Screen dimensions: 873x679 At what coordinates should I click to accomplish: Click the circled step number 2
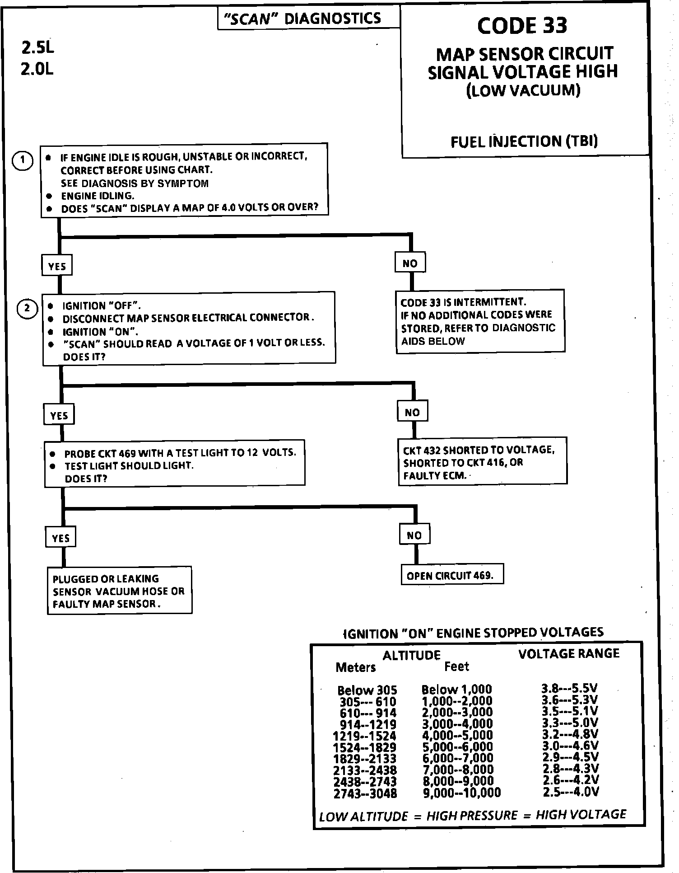point(27,309)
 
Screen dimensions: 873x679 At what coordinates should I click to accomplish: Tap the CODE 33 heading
point(522,25)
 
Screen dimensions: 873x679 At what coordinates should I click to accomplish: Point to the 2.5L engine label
point(37,47)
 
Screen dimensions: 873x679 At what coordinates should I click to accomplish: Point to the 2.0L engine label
point(37,69)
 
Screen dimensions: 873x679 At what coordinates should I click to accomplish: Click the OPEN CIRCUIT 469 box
point(452,574)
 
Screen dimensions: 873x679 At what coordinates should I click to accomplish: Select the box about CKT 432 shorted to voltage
point(482,462)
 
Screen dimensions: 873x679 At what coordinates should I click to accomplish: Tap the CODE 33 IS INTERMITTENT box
point(480,321)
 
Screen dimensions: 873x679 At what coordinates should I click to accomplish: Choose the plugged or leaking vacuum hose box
point(119,591)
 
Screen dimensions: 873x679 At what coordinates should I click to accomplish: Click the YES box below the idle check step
point(57,266)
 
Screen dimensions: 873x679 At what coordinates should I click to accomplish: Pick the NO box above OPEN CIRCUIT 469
point(414,535)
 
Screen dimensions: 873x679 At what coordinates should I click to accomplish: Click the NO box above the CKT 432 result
point(412,412)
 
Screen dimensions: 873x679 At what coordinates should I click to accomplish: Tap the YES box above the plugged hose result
point(60,538)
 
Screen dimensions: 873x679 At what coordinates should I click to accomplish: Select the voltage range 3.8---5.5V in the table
point(570,688)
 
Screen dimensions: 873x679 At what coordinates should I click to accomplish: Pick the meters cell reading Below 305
point(367,690)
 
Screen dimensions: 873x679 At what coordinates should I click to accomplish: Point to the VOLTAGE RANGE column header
point(568,654)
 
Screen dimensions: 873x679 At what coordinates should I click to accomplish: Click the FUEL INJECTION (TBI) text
point(524,142)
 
